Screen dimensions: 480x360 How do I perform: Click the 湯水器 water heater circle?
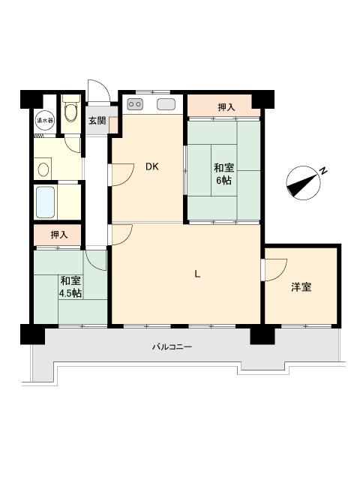[x=44, y=118]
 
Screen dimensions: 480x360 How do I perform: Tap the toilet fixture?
[x=70, y=113]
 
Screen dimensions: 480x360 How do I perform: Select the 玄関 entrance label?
[x=97, y=120]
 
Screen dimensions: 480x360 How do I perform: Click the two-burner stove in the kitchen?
[x=136, y=104]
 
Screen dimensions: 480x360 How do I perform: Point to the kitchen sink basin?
[x=166, y=104]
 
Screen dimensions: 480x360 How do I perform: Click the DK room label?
[x=151, y=167]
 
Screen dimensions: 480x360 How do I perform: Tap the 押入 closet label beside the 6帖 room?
[x=226, y=107]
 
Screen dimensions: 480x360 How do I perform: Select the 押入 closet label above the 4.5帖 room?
[x=59, y=235]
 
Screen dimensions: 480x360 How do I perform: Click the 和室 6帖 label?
[x=223, y=175]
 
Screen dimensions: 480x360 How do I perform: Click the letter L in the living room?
[x=197, y=274]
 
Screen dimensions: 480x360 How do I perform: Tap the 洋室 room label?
[x=301, y=287]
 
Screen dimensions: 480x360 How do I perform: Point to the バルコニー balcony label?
[x=172, y=347]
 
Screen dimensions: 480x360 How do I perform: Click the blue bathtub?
[x=46, y=201]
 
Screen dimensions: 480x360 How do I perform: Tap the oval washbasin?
[x=44, y=169]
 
